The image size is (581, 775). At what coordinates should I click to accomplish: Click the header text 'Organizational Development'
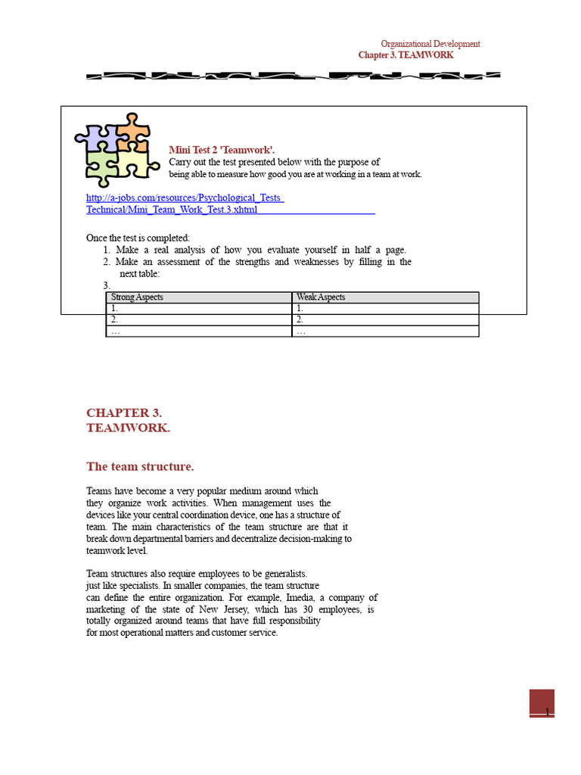point(430,44)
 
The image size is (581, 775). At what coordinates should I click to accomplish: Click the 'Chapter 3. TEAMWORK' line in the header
point(405,55)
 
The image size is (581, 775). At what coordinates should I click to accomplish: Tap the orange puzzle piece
point(133,134)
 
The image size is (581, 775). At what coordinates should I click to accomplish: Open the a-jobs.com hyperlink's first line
point(185,198)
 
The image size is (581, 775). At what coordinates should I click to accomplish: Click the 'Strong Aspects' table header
point(137,297)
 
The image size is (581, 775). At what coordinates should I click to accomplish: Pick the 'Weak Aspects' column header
point(321,297)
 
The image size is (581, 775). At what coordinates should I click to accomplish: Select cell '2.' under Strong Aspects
point(115,319)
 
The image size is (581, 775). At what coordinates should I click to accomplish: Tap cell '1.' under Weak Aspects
point(300,309)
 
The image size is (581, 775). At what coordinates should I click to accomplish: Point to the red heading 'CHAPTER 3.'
point(124,412)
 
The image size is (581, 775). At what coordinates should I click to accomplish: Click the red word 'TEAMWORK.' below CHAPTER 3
point(129,428)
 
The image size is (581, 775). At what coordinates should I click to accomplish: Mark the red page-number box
point(542,702)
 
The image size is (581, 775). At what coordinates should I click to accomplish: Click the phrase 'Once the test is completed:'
point(138,238)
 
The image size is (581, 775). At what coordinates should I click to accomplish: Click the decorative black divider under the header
point(292,76)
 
